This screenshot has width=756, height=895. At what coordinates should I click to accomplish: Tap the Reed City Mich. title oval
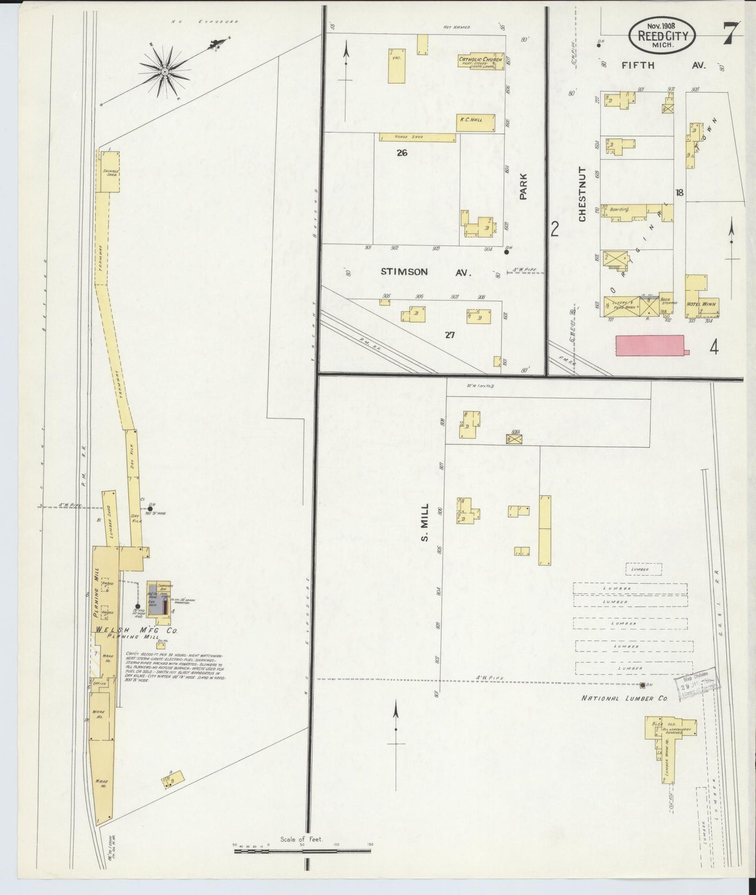(x=662, y=35)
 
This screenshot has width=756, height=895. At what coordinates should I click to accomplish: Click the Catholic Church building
(x=480, y=62)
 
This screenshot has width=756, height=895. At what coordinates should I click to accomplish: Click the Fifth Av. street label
(x=663, y=65)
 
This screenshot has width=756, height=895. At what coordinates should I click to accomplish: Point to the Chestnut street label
(x=582, y=194)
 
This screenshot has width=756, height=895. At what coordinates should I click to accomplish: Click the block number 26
(x=402, y=153)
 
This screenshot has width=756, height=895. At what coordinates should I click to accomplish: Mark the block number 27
(x=449, y=335)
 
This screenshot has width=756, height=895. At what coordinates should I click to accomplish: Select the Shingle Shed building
(x=111, y=171)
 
